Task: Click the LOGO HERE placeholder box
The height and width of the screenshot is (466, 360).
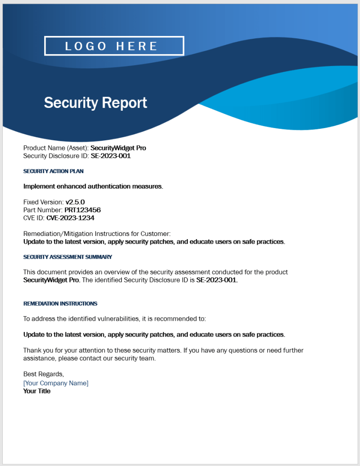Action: coord(114,46)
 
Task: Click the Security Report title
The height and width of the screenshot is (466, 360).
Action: coord(96,102)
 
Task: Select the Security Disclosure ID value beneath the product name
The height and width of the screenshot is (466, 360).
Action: coord(111,156)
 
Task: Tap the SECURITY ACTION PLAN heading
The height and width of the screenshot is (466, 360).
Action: coord(53,171)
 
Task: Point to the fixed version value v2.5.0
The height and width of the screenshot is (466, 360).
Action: coord(75,202)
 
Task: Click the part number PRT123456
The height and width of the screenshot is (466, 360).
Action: coord(82,210)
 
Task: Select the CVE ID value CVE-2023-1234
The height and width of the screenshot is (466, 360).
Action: coord(70,218)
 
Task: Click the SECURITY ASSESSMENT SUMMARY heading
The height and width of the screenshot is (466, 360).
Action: coord(67,257)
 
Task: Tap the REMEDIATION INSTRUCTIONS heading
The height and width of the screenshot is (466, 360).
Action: coord(60,303)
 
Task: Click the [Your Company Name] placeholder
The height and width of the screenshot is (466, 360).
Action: coord(56,383)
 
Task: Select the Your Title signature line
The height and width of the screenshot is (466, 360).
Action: coord(37,391)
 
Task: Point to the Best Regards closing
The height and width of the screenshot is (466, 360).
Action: coord(44,374)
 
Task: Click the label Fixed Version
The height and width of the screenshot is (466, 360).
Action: coord(43,202)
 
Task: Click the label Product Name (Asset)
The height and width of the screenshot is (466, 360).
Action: coord(56,148)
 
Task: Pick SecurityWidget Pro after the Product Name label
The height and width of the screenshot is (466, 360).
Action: coord(118,148)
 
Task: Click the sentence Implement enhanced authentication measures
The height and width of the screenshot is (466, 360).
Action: coord(93,186)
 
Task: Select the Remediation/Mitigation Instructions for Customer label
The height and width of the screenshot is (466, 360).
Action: coord(97,234)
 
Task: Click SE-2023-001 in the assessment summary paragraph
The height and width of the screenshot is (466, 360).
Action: coord(216,280)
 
